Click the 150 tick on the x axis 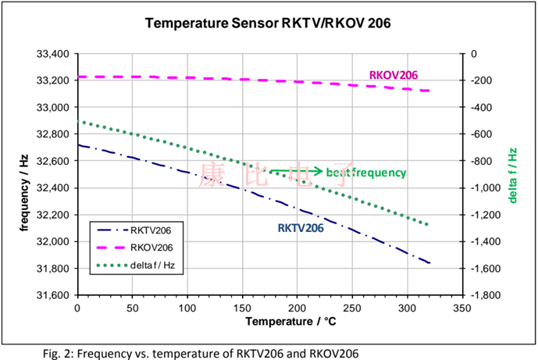[243, 308]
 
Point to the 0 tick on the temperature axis [77, 308]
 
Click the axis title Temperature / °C [269, 321]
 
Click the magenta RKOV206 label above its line [393, 75]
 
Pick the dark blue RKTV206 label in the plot [301, 229]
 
